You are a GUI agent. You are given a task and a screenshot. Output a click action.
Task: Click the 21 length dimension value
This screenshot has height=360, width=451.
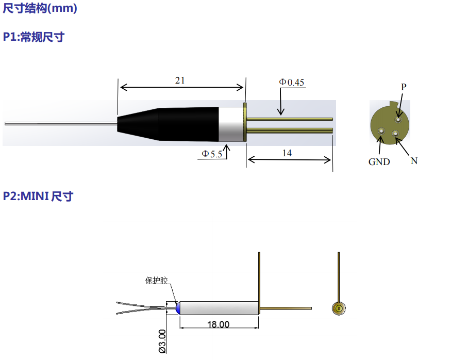180,80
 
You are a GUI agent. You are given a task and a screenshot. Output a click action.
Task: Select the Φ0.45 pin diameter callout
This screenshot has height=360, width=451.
291,83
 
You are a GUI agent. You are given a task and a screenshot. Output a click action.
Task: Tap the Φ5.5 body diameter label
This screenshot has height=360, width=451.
212,154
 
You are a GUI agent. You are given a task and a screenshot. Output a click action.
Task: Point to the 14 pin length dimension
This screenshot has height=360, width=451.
287,153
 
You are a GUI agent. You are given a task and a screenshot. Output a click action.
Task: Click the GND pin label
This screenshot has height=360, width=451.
379,162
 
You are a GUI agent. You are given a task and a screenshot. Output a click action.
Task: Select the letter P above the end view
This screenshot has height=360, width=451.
404,87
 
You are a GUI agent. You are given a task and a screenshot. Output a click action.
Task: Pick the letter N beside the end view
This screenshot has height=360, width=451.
414,161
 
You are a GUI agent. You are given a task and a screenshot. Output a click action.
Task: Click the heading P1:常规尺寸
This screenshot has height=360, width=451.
34,37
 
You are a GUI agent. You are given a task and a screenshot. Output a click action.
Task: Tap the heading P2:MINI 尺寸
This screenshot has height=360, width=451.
38,197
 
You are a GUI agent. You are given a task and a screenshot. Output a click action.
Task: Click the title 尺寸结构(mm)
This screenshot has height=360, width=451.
40,8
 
